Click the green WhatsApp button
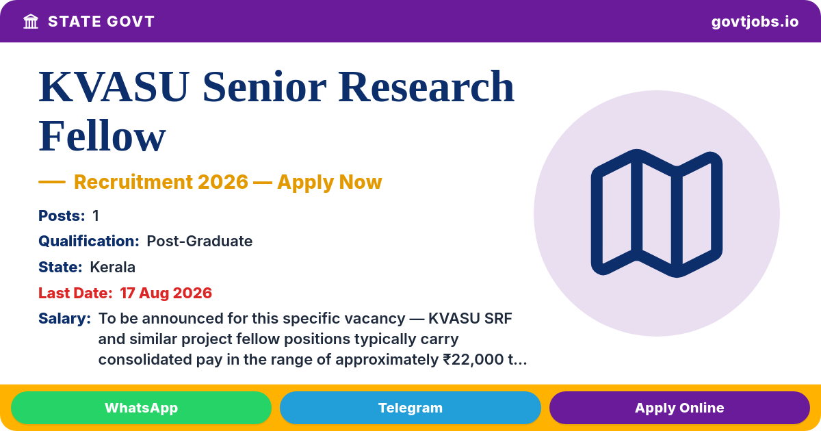141,408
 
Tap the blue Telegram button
410,408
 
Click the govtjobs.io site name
755,22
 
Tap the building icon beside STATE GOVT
31,22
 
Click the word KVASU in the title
114,87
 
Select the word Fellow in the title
102,136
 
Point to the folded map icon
656,213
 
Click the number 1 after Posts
96,215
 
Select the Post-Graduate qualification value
199,241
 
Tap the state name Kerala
112,267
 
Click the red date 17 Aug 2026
166,293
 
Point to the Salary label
64,319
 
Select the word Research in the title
426,87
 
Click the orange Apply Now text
330,182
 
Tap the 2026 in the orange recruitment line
223,182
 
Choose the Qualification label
89,241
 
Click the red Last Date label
75,293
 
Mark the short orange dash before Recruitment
52,182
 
